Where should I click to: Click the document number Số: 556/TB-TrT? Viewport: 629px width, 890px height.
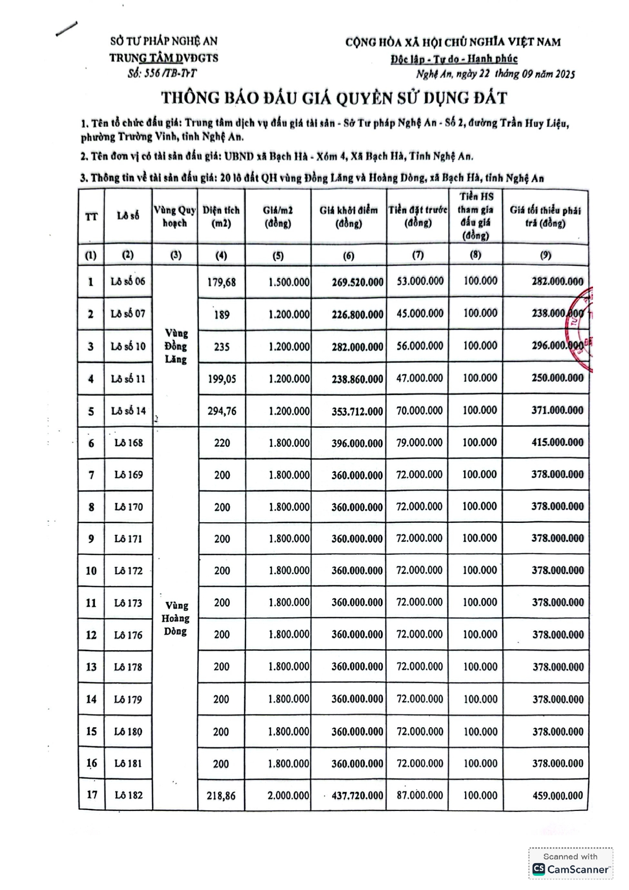(x=162, y=74)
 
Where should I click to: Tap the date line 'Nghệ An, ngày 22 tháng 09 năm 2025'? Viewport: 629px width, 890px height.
(x=495, y=74)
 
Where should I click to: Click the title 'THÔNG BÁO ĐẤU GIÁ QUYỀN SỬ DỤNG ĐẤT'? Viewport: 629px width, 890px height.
(x=334, y=98)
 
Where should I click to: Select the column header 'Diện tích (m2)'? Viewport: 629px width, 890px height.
(x=221, y=217)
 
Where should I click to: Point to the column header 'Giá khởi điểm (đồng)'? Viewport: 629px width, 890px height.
(x=348, y=217)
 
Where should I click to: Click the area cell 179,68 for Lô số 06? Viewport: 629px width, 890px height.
(x=221, y=282)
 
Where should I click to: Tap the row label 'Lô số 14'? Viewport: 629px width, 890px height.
(x=128, y=411)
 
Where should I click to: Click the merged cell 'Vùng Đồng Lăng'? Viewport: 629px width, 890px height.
(x=176, y=346)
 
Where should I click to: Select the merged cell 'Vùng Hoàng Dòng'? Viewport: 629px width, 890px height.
(x=176, y=618)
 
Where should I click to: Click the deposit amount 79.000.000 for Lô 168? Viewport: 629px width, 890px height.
(x=420, y=442)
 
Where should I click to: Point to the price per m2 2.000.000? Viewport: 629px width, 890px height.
(x=288, y=796)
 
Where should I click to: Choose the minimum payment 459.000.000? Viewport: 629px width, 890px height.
(x=557, y=796)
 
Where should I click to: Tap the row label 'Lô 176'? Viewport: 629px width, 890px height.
(x=128, y=635)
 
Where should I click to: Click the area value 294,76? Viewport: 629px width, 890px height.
(x=221, y=411)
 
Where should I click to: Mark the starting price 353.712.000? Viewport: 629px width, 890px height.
(x=357, y=411)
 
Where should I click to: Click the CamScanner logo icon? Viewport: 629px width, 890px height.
(x=539, y=869)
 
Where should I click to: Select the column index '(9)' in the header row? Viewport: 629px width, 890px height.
(x=545, y=255)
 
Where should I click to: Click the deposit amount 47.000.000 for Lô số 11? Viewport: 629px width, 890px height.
(x=420, y=378)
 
